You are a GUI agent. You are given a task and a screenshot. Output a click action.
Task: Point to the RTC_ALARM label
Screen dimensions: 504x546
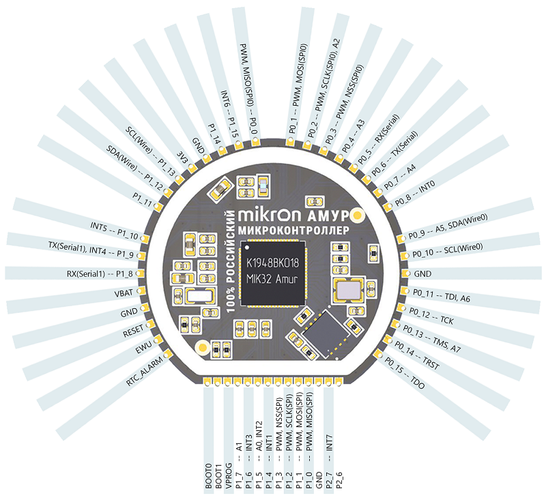pyautogui.click(x=144, y=370)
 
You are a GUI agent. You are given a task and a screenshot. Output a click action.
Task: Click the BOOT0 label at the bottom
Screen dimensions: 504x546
pyautogui.click(x=210, y=474)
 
